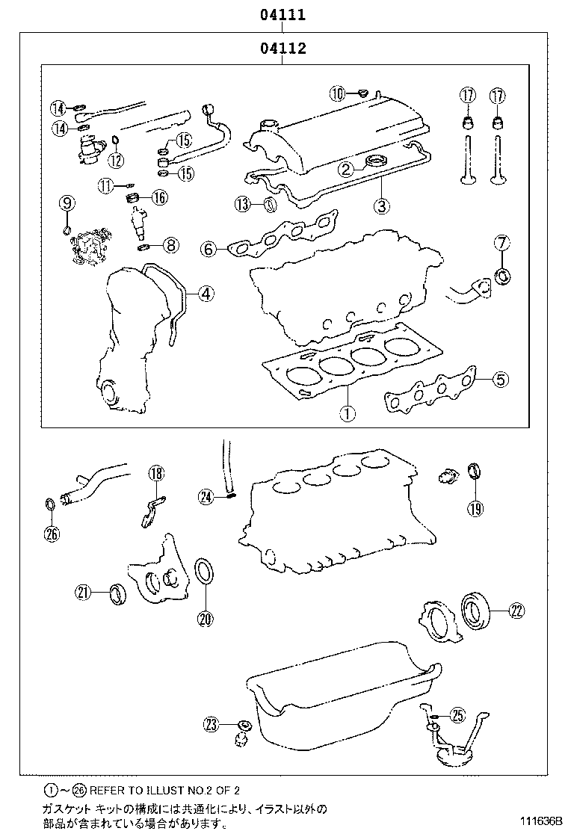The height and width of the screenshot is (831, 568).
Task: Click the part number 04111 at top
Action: (283, 14)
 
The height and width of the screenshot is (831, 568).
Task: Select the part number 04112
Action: (283, 49)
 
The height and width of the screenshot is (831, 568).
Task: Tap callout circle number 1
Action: (346, 412)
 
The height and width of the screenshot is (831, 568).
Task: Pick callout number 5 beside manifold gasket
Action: (500, 380)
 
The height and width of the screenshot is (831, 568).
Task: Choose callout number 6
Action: (209, 249)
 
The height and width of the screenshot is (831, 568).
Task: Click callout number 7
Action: (501, 243)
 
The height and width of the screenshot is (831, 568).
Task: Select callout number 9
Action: (67, 203)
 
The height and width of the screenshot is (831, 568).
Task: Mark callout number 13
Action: (242, 204)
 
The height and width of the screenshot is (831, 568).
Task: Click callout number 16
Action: (159, 197)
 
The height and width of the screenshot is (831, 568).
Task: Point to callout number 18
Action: (155, 473)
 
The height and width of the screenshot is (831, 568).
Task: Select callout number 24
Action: (206, 495)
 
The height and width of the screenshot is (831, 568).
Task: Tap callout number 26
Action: (51, 534)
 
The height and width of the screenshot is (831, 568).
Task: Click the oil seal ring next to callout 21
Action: (117, 594)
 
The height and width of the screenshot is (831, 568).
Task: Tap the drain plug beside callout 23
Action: (243, 730)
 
